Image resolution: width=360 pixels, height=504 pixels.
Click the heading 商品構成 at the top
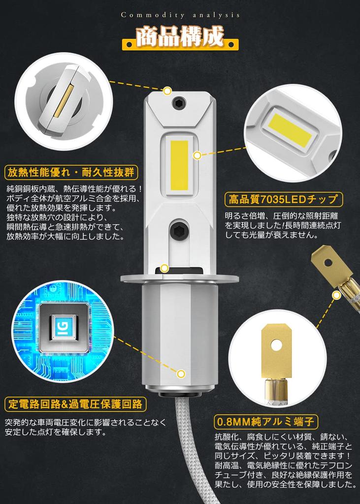[x=180, y=38]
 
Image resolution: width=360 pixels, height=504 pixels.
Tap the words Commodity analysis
[x=180, y=15]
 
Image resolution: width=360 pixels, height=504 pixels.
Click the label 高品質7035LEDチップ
[x=284, y=199]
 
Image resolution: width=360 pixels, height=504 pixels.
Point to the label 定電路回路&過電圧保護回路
[x=75, y=404]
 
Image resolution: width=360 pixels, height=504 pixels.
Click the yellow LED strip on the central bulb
[x=179, y=165]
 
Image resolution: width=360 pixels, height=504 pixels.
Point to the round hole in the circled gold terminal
[x=276, y=345]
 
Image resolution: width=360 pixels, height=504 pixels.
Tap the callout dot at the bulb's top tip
[x=167, y=91]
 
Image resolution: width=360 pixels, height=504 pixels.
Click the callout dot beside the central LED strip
[x=197, y=156]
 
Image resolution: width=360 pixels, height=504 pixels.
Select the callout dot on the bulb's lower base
[x=181, y=374]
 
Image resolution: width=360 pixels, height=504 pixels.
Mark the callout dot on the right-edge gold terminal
[x=336, y=295]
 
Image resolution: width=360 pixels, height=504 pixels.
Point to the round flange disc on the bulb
[x=180, y=279]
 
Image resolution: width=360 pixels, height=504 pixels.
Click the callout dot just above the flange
[x=164, y=268]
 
